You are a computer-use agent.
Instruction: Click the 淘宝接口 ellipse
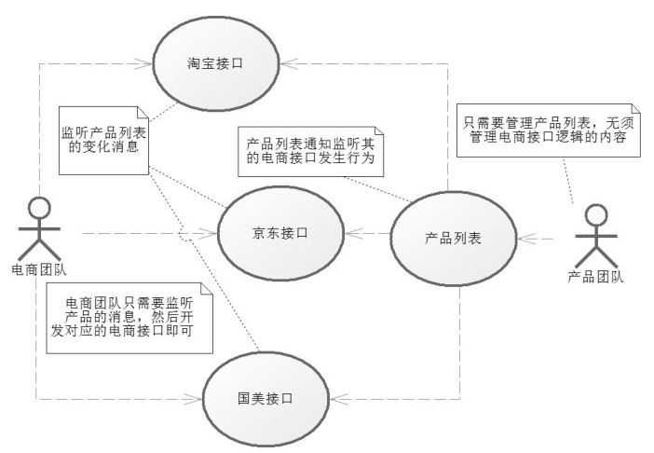tap(215, 62)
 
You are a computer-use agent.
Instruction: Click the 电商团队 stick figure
tap(38, 228)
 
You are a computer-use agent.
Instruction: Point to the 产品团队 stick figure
tap(594, 237)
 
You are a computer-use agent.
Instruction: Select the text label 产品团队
tap(595, 275)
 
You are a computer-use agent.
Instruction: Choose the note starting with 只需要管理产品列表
tap(550, 128)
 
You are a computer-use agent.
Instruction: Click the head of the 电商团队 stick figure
tap(38, 206)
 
